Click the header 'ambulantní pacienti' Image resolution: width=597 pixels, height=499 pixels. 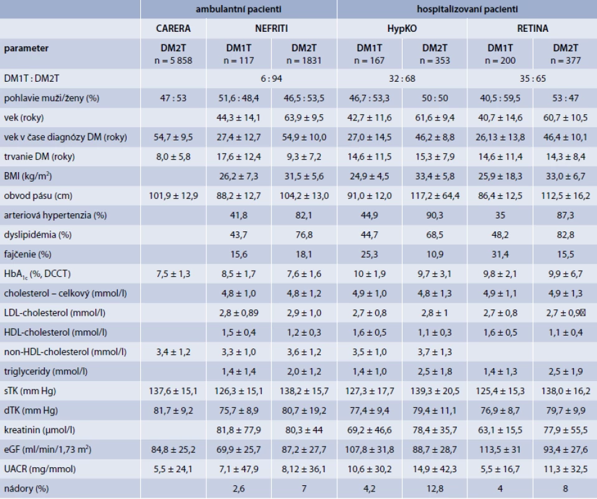tap(238, 9)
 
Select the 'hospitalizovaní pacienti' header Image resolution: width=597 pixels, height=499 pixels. tap(467, 9)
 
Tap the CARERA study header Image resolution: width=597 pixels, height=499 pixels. tap(173, 29)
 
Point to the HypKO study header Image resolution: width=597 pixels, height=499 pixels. tap(402, 29)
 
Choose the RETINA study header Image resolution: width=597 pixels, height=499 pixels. tap(533, 29)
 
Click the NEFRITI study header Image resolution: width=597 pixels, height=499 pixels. tap(272, 29)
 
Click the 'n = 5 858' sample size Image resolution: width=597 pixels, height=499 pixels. tap(173, 61)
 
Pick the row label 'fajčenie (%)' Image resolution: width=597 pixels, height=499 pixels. tap(28, 254)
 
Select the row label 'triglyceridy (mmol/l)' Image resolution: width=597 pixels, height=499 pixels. tap(45, 371)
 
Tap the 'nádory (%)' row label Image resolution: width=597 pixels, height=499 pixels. tap(26, 488)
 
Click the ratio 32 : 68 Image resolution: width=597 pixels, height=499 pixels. tap(402, 79)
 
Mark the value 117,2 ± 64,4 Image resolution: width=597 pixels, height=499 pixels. tap(435, 196)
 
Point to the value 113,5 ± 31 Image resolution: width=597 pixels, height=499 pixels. tap(500, 450)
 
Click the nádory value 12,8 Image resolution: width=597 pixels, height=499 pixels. tap(435, 488)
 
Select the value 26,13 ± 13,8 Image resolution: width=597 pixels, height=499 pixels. tap(500, 137)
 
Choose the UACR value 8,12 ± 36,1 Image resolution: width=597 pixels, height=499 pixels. tap(304, 469)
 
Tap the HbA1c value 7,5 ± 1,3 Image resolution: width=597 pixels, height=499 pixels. tap(173, 274)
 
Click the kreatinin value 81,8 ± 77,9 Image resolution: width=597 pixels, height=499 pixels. tap(239, 430)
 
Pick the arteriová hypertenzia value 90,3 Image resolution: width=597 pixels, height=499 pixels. tap(435, 215)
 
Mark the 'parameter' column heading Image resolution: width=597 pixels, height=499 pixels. tap(26, 49)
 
